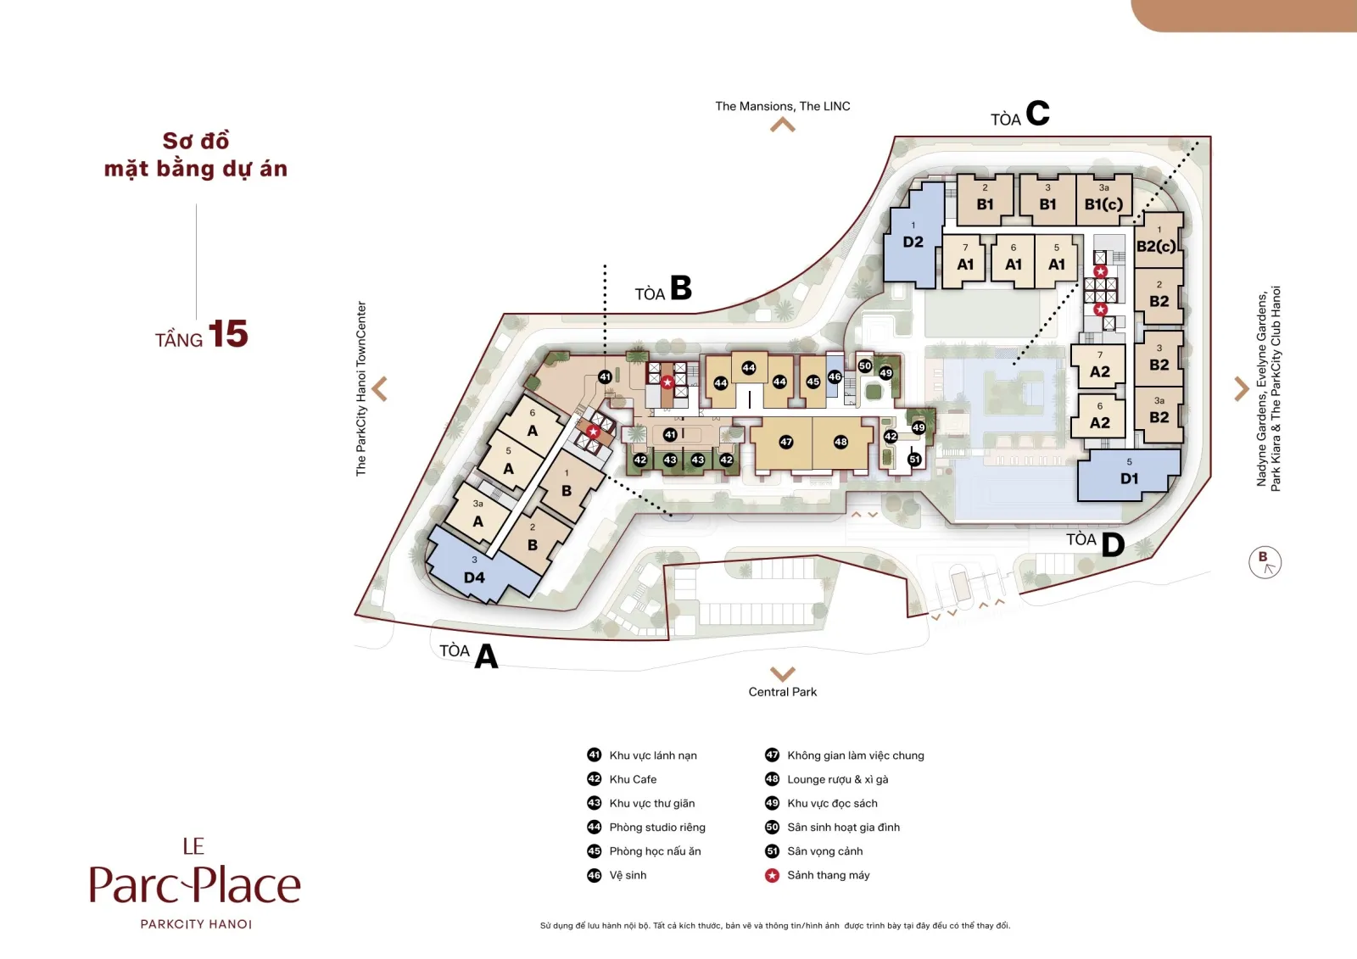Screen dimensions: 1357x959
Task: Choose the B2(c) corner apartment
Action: [1158, 240]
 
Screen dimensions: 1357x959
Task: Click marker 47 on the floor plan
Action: [785, 443]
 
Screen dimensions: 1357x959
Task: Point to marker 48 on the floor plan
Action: [840, 443]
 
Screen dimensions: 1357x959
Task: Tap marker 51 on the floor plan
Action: [914, 460]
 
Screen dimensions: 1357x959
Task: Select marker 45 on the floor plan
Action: [813, 382]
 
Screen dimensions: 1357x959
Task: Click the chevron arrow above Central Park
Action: [782, 673]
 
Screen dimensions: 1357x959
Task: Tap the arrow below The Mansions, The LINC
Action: [782, 125]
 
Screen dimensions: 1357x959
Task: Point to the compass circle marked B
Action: [1265, 562]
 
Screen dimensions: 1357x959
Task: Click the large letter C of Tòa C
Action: [1037, 114]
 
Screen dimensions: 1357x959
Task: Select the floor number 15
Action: [228, 334]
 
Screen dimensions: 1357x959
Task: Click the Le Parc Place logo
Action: [195, 883]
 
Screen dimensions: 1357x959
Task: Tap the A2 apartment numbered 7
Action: [1099, 365]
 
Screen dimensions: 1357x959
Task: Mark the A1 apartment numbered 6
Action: [1013, 260]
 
